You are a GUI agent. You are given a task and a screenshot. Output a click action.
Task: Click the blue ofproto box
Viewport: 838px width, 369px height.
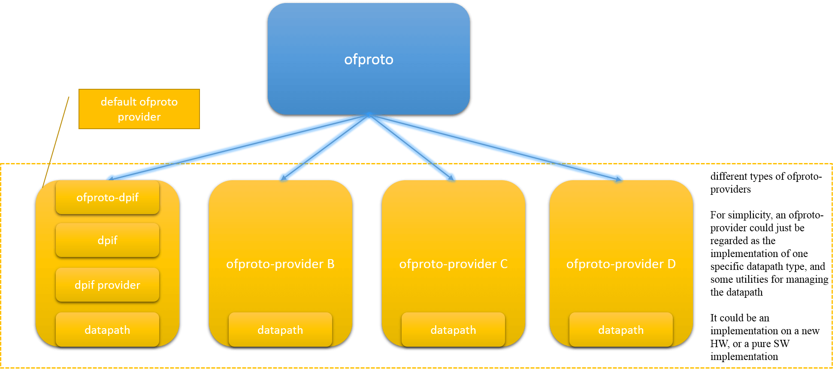click(369, 59)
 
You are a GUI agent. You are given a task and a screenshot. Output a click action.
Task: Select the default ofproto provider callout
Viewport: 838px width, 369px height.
click(139, 109)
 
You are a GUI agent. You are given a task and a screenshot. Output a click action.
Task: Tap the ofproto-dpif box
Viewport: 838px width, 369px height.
click(107, 197)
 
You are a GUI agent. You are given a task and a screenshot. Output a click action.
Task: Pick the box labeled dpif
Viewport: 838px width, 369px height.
click(107, 240)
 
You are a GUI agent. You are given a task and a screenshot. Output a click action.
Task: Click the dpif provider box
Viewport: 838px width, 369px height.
click(107, 285)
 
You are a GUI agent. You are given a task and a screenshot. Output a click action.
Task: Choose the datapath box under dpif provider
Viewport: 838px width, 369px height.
click(107, 330)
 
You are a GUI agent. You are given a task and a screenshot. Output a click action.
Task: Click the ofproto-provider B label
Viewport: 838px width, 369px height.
click(280, 264)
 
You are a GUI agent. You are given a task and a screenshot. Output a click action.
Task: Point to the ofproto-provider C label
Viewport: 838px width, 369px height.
click(453, 264)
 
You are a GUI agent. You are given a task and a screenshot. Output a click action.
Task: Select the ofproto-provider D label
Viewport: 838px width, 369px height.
click(621, 264)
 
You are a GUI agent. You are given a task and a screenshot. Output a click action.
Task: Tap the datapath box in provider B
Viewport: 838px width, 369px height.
click(280, 330)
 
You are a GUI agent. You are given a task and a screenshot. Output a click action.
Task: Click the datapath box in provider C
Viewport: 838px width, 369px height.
click(453, 330)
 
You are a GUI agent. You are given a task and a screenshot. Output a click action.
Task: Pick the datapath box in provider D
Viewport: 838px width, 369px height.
click(621, 330)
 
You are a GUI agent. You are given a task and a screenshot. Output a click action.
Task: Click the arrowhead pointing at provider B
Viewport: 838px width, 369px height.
click(283, 176)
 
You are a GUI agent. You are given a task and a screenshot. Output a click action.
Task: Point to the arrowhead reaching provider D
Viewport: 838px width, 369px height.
click(617, 178)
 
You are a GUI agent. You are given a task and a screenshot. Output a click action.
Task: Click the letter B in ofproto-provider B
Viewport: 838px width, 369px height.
click(331, 264)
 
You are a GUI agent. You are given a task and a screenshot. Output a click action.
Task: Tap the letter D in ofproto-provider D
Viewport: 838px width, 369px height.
click(672, 264)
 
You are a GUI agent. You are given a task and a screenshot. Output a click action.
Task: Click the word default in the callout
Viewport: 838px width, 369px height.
click(118, 102)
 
